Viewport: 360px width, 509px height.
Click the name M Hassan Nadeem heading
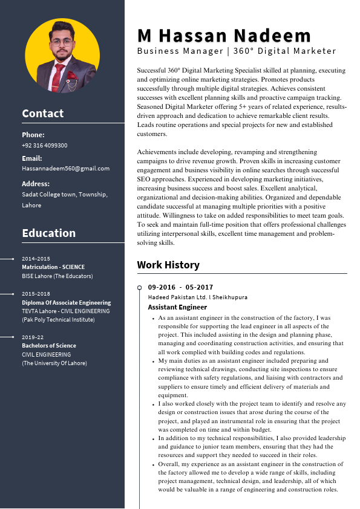pyautogui.click(x=224, y=35)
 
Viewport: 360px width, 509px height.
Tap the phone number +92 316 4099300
pyautogui.click(x=45, y=146)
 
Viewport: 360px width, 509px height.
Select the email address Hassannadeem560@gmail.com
pyautogui.click(x=65, y=169)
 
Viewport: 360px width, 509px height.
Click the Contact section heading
pyautogui.click(x=42, y=113)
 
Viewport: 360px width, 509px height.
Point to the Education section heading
pyautogui.click(x=48, y=233)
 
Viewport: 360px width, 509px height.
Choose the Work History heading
pyautogui.click(x=168, y=265)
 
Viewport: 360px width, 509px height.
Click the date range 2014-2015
pyautogui.click(x=36, y=259)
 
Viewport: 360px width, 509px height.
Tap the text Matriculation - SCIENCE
pyautogui.click(x=53, y=267)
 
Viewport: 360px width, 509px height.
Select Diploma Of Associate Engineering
pyautogui.click(x=67, y=303)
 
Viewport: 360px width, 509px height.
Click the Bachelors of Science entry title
pyautogui.click(x=49, y=346)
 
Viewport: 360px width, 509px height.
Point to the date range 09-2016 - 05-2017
pyautogui.click(x=180, y=287)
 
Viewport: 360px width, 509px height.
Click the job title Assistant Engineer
pyautogui.click(x=169, y=307)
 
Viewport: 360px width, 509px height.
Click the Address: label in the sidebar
pyautogui.click(x=36, y=184)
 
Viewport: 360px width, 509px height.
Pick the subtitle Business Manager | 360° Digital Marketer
pyautogui.click(x=237, y=51)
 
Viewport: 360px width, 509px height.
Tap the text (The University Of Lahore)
pyautogui.click(x=54, y=363)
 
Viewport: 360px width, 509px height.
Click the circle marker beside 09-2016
pyautogui.click(x=140, y=287)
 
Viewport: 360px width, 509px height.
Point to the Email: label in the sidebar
pyautogui.click(x=32, y=158)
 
